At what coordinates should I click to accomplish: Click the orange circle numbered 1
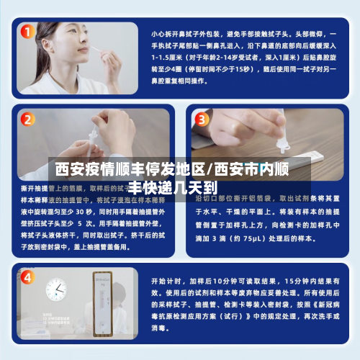pos(27,32)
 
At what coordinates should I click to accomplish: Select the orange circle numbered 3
pos(202,119)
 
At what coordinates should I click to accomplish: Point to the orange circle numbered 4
pos(27,276)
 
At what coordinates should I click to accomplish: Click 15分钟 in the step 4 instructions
pos(300,281)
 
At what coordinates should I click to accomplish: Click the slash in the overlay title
pos(210,171)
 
